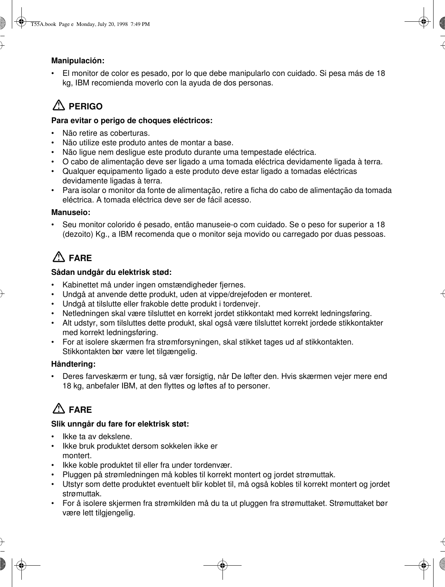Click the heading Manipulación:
[x=78, y=61]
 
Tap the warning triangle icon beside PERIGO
[x=59, y=105]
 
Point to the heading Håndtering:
[x=73, y=364]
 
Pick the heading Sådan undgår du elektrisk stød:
[x=111, y=273]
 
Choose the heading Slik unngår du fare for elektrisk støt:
[x=120, y=424]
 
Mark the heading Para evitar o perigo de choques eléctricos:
[x=132, y=121]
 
